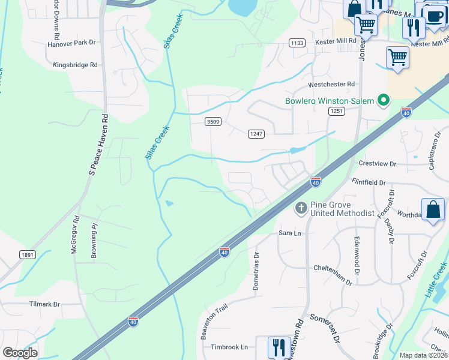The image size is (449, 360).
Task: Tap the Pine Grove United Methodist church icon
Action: coord(301,208)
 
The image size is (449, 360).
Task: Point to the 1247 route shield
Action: coord(256,134)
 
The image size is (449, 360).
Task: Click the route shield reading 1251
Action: coord(336,112)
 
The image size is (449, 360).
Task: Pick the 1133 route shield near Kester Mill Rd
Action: coord(297,43)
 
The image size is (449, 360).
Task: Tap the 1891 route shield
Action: coord(28,254)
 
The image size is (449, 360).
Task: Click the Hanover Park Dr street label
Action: coord(72,43)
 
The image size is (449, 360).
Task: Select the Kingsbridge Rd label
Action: coord(75,65)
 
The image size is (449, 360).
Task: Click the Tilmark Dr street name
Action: coord(45,304)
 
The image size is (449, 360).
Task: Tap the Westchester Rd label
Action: coord(332,85)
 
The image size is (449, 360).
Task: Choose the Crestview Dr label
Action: coord(378,164)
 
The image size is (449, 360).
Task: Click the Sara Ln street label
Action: coord(289,233)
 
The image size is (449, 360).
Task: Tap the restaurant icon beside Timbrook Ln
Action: coord(279,347)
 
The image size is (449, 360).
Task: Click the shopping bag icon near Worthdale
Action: coord(433,210)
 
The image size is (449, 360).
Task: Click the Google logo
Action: coord(20,353)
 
